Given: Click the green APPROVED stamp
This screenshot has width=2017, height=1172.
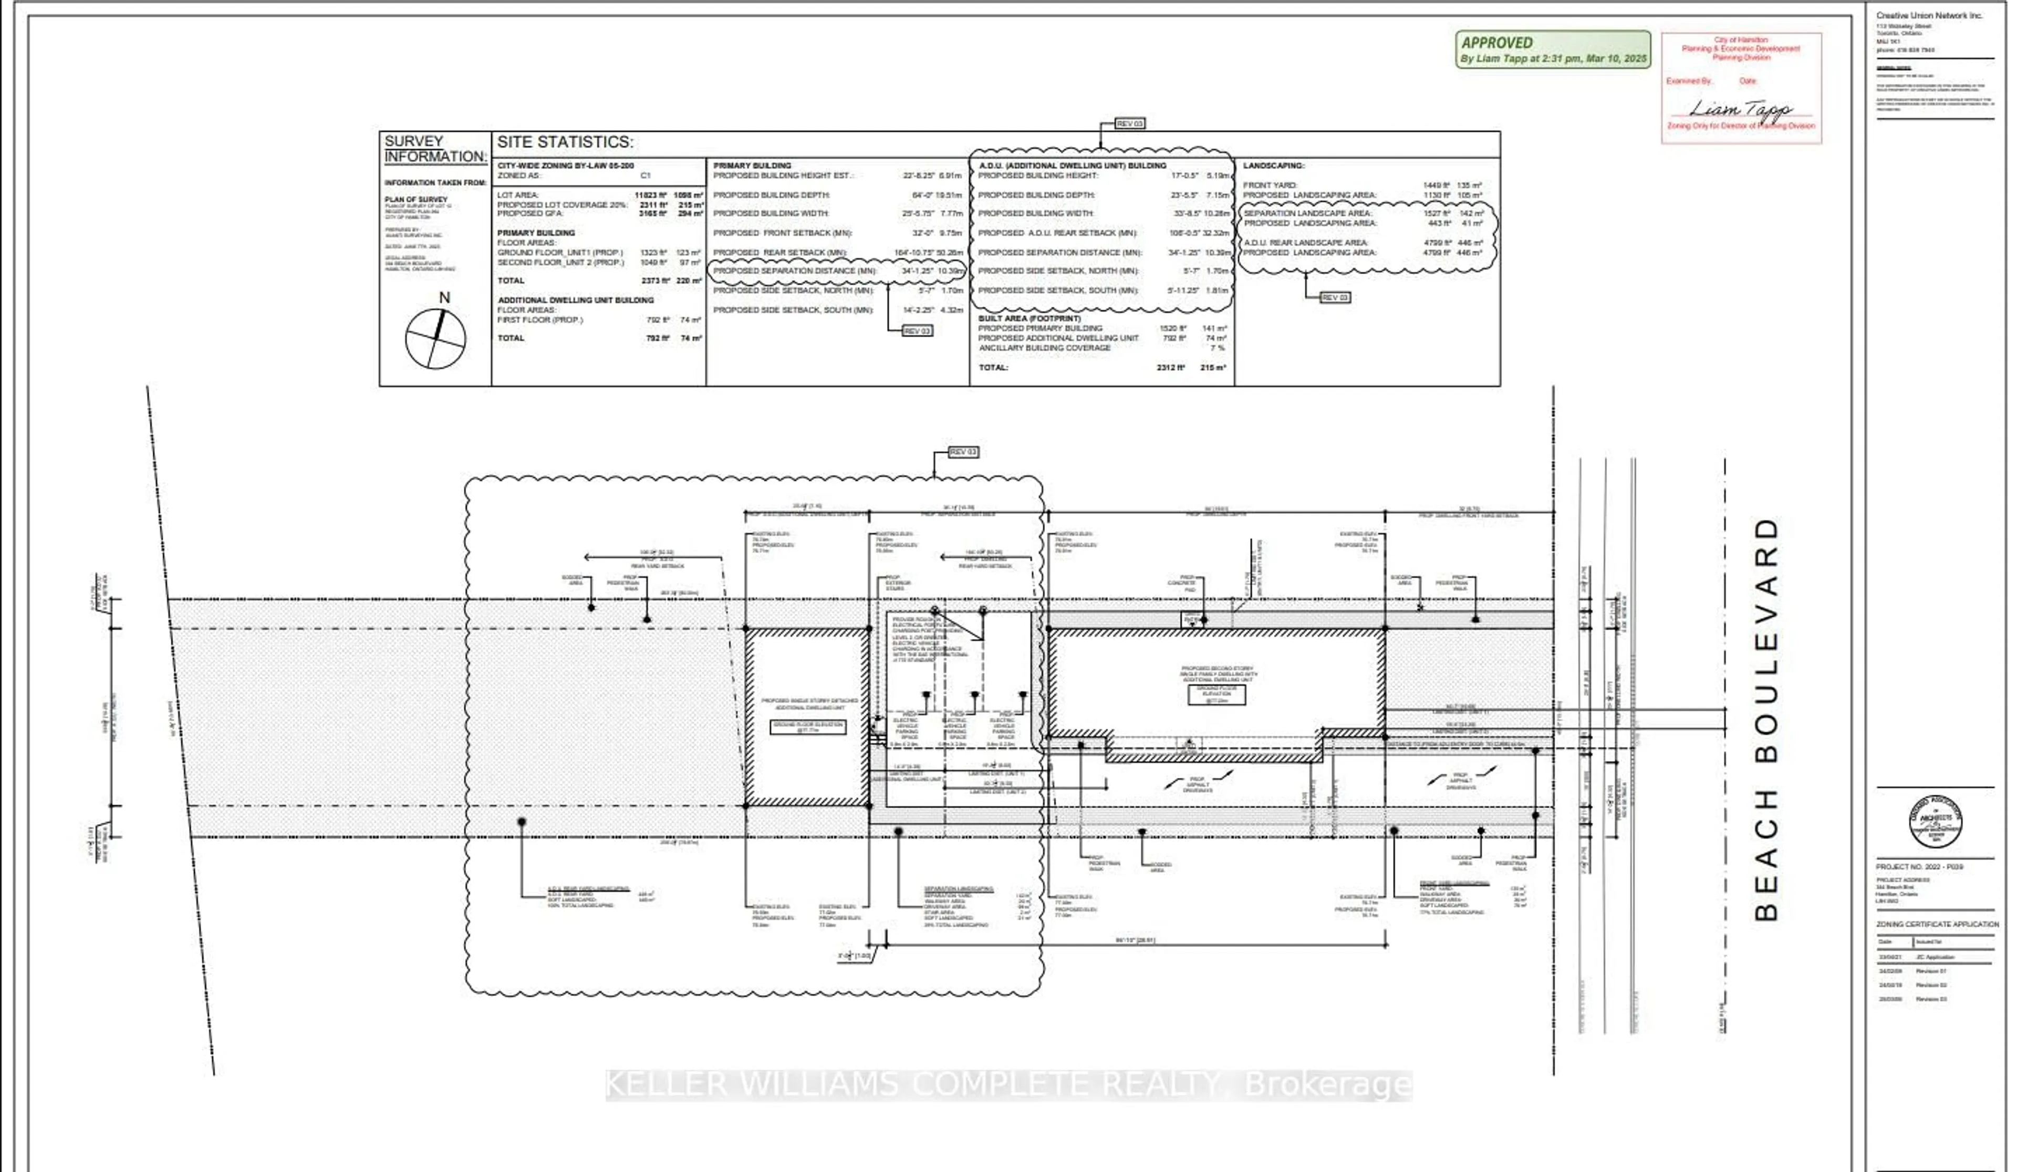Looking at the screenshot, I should (1552, 49).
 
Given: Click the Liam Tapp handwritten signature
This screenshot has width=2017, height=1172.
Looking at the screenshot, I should (1741, 108).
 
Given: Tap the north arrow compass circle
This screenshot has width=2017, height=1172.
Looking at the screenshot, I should (435, 339).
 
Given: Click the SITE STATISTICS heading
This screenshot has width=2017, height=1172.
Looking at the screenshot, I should (565, 142).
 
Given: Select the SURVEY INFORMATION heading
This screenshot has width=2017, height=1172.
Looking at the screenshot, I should (434, 149).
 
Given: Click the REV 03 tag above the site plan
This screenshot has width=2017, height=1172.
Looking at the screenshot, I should (963, 452).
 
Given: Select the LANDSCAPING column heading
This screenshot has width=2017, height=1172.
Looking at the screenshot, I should (1273, 165).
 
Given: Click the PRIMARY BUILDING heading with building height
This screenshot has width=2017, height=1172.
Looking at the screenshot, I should (752, 165).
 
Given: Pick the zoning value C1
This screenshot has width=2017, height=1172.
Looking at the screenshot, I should (646, 175).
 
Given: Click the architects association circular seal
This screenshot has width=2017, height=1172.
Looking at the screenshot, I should (1935, 822).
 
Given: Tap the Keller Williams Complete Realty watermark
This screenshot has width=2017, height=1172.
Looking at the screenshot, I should (1008, 1085).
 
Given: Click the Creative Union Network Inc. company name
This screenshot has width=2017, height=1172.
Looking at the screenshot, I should (1929, 16).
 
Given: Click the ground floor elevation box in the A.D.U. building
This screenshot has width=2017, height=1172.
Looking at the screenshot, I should (808, 727).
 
